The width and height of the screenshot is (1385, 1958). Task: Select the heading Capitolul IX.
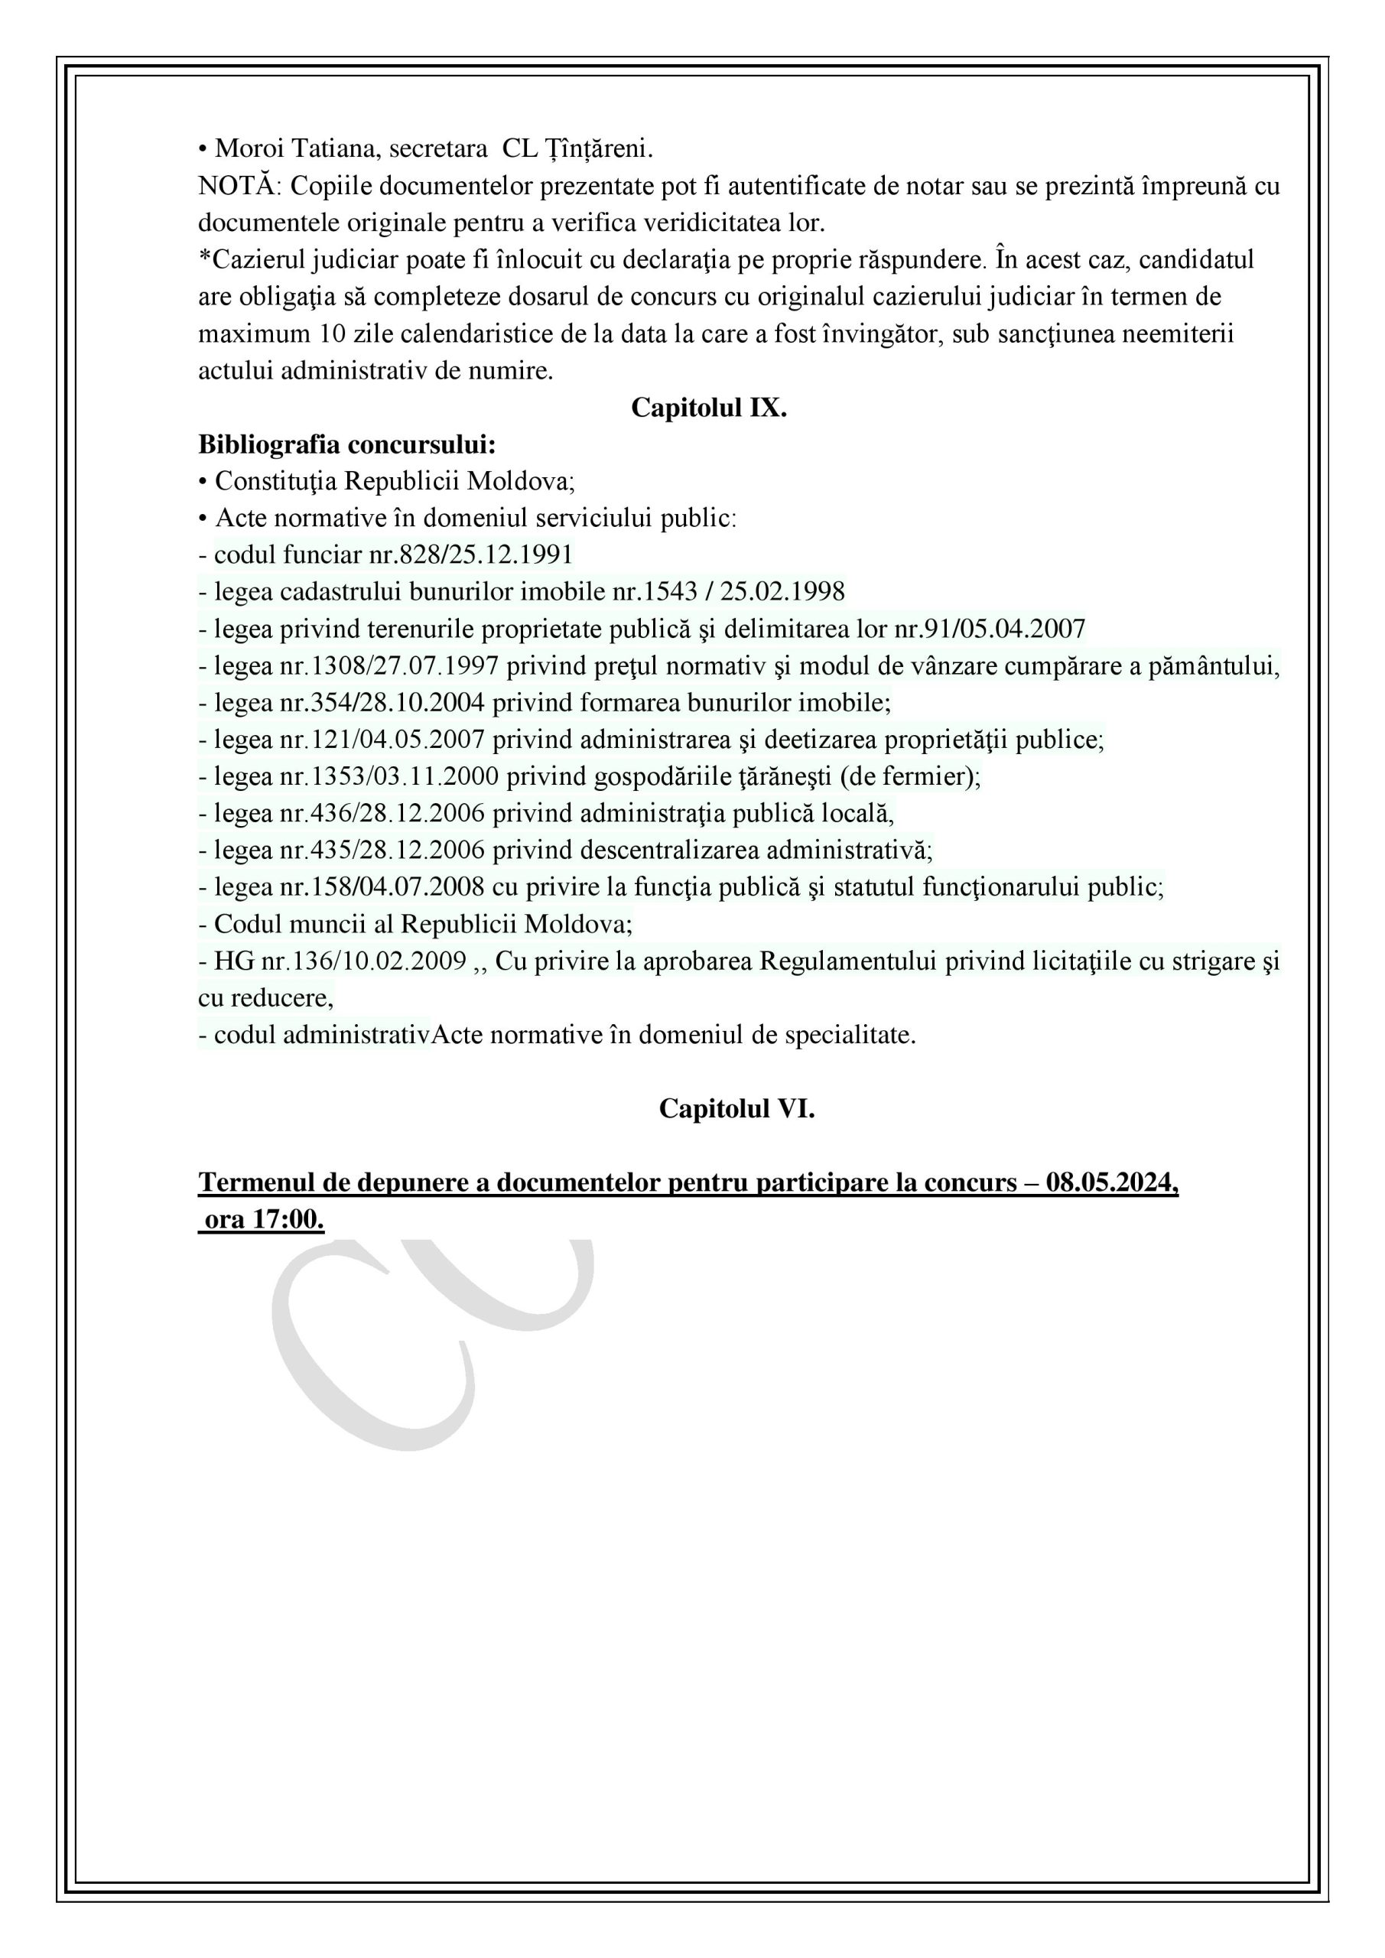(x=708, y=408)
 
